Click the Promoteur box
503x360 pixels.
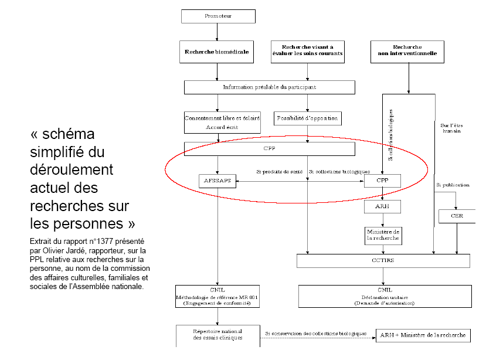(218, 16)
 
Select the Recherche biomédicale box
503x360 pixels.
(217, 52)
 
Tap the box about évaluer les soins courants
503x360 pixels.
(307, 52)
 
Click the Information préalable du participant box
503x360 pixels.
(269, 87)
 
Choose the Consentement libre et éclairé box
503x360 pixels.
(222, 122)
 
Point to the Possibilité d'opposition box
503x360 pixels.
(307, 118)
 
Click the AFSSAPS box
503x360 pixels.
(218, 181)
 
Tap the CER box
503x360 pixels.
(457, 216)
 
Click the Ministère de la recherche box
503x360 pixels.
(383, 235)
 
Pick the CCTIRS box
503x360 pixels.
(385, 260)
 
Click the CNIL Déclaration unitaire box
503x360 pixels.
(385, 296)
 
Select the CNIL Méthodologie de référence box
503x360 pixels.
(217, 296)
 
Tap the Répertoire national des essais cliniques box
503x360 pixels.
(217, 334)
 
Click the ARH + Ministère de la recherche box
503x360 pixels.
(423, 335)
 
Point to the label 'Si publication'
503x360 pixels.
(453, 185)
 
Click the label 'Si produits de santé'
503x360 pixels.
(280, 172)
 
